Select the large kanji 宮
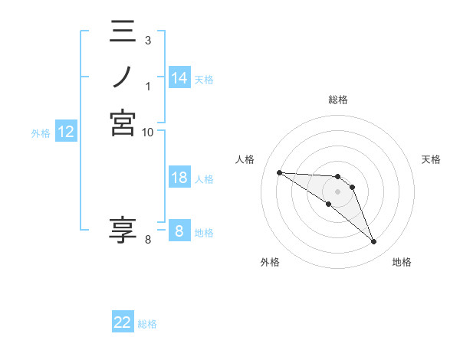(123, 123)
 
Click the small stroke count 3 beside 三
(147, 40)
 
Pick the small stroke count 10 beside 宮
(148, 132)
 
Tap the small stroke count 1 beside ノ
(147, 86)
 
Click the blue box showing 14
(179, 78)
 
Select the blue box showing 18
(179, 178)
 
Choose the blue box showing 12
(66, 133)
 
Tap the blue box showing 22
(123, 323)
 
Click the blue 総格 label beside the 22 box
(147, 324)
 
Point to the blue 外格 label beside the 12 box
(41, 133)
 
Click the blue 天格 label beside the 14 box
(204, 79)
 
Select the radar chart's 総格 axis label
(337, 100)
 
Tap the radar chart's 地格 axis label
(402, 262)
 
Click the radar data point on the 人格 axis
(279, 172)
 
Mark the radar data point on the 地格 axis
(373, 242)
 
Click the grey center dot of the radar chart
(337, 191)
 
